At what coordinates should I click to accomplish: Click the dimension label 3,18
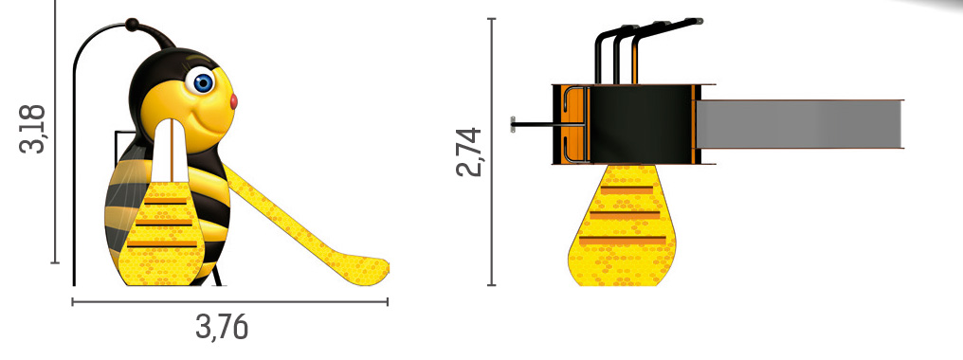[32, 129]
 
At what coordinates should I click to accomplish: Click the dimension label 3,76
[223, 327]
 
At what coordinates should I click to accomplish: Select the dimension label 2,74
[469, 152]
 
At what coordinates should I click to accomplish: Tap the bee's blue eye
[202, 81]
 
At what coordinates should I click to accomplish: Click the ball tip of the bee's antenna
[132, 25]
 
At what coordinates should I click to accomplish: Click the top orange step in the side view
[165, 201]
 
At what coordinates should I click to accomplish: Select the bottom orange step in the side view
[162, 243]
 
